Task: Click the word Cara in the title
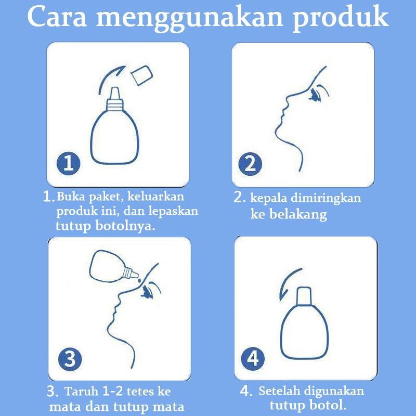click(57, 17)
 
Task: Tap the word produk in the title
click(341, 19)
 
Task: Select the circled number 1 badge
click(69, 163)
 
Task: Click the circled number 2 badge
click(250, 164)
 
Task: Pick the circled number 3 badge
click(70, 359)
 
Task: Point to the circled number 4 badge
click(253, 359)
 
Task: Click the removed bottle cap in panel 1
click(142, 75)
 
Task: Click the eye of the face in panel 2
click(316, 96)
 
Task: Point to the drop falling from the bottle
click(139, 280)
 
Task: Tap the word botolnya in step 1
click(125, 226)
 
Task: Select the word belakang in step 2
click(298, 215)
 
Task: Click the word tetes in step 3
click(139, 392)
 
